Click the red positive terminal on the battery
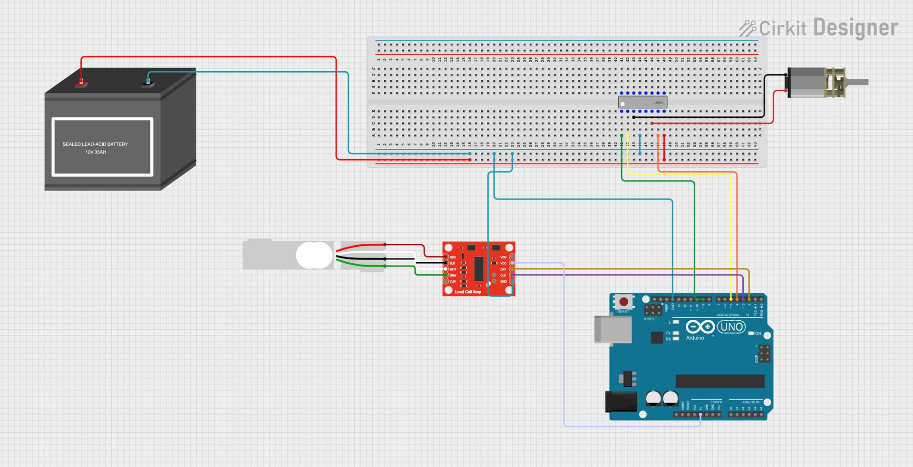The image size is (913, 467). (x=81, y=84)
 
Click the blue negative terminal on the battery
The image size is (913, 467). (x=148, y=84)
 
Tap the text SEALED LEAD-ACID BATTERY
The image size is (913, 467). (x=95, y=144)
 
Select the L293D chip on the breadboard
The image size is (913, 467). (x=642, y=102)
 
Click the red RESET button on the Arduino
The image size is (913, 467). (x=623, y=302)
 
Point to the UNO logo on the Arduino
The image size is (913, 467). (x=731, y=327)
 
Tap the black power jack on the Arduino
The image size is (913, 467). (x=621, y=401)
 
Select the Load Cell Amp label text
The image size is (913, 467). (x=468, y=292)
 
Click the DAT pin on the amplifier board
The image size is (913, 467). (x=512, y=269)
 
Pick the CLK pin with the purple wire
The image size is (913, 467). (x=512, y=276)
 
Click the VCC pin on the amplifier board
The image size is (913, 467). (x=512, y=263)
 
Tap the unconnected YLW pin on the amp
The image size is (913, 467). (x=446, y=282)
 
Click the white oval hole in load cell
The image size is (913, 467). (x=314, y=255)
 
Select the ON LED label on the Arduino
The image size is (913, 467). (x=758, y=334)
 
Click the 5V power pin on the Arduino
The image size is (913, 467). (x=700, y=414)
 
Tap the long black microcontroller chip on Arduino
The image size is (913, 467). (x=719, y=381)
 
